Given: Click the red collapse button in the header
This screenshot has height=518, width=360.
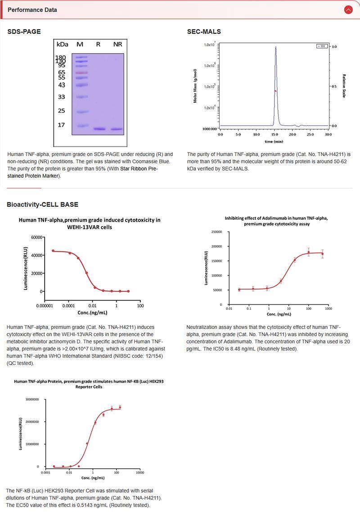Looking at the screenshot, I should coord(348,9).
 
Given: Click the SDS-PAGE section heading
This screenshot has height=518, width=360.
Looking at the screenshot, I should coord(24,32).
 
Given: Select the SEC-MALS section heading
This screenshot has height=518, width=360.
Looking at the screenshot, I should coord(204,32).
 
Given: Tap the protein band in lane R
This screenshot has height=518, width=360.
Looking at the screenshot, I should coord(99,129).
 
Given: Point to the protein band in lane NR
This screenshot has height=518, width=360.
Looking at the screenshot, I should coord(117,129).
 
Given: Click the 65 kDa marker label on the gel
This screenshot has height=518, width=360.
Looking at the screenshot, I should coord(62,72).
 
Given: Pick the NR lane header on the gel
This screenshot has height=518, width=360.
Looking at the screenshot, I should coord(117,44).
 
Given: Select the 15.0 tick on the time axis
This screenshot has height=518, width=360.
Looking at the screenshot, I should coord(274,134).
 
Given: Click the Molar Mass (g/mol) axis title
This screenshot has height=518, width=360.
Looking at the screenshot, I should coord(196,86).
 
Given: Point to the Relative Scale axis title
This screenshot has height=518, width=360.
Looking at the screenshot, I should coord(344,86).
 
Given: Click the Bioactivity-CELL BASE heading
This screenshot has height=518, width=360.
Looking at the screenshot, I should coord(42,204).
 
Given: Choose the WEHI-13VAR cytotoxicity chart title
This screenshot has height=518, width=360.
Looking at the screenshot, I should coord(89,223).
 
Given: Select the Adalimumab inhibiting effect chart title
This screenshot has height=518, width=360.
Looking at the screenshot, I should coord(276,221).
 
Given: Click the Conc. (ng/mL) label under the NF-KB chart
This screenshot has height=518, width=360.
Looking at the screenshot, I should coord(92,477).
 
